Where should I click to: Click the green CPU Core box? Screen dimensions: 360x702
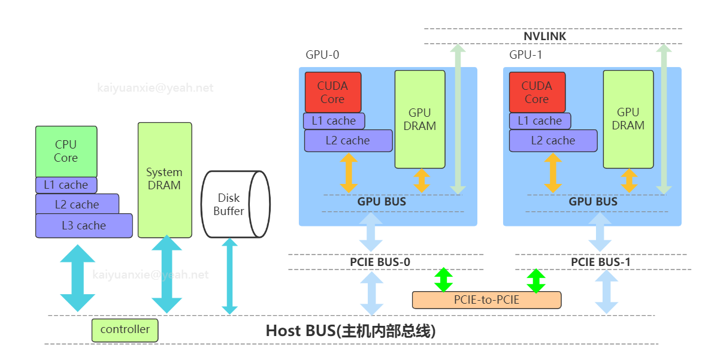pos(66,152)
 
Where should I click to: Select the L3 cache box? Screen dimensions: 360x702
pos(84,226)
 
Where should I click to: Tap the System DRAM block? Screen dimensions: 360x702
pos(165,180)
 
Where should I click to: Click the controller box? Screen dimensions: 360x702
pos(125,330)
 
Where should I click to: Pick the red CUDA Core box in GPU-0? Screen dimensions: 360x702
pos(332,92)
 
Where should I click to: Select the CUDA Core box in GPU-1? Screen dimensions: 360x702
pos(537,92)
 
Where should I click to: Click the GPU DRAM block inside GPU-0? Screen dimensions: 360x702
pos(419,119)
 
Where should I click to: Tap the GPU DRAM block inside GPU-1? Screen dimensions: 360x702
pos(628,119)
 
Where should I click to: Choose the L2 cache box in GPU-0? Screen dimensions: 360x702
pos(348,141)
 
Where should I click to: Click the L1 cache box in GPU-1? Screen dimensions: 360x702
pos(540,121)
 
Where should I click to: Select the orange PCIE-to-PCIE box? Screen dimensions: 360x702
pos(486,300)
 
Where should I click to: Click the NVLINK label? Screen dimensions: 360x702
pos(544,37)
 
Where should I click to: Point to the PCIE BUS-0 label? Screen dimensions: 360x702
pos(380,262)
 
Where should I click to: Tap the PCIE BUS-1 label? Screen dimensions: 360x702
pos(600,262)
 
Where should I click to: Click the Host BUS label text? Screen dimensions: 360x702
pos(350,331)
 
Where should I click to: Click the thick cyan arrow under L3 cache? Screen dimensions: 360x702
pos(78,277)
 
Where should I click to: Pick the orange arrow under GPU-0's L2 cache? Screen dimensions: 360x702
pos(349,173)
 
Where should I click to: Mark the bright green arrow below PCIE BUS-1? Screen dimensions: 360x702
pos(535,280)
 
